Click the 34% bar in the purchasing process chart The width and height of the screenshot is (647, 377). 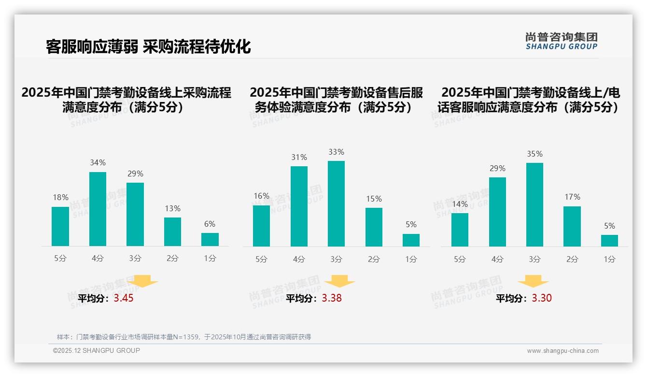(98, 209)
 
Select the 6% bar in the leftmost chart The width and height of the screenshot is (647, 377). (210, 239)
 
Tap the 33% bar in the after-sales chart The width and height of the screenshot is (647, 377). (336, 203)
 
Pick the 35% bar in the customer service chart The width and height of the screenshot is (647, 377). (534, 204)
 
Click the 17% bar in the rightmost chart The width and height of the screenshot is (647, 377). (572, 226)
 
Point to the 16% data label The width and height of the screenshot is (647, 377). (261, 196)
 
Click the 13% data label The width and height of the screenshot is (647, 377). (172, 208)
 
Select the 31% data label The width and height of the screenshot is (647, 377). (299, 157)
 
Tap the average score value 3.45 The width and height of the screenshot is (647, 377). (124, 298)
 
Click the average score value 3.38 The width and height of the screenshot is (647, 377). (332, 298)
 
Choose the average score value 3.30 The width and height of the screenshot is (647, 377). (542, 298)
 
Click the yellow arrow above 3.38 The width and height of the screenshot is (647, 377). (339, 281)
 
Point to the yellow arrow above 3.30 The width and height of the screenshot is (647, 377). (533, 281)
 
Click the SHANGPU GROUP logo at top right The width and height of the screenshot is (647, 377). (561, 41)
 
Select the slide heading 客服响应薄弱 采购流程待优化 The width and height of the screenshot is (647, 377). (148, 46)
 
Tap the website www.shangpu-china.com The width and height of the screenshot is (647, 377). (563, 351)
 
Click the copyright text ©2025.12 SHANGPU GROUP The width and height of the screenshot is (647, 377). (97, 351)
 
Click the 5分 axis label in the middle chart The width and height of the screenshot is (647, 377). (261, 259)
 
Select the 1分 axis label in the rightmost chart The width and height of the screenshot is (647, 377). (609, 259)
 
